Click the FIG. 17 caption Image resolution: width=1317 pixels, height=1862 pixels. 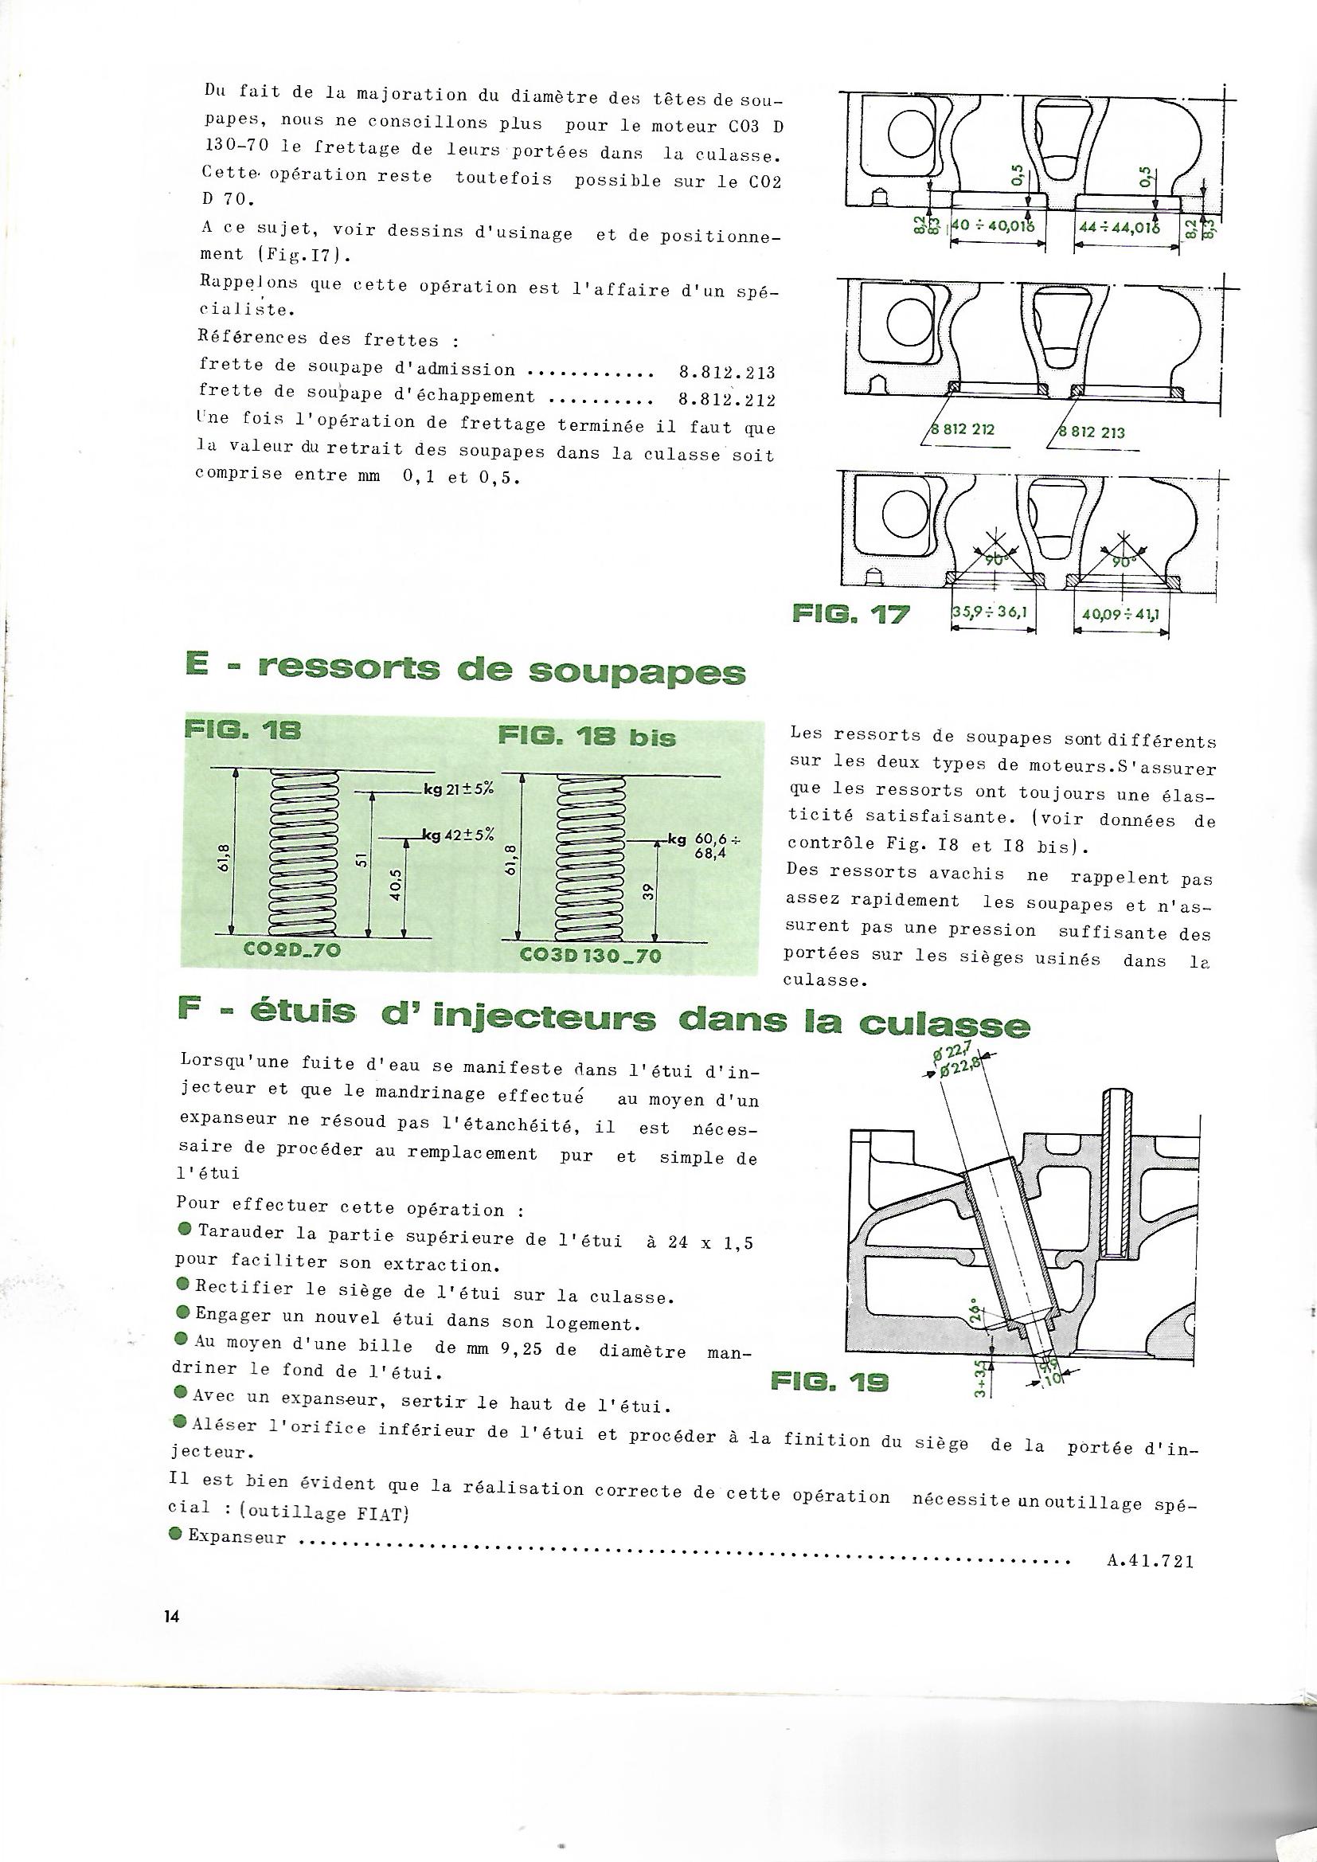(850, 615)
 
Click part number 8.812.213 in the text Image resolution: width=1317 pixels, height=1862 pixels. (725, 373)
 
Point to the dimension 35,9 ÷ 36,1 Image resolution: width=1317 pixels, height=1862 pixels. (991, 613)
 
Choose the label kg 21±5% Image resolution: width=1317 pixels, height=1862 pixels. (458, 790)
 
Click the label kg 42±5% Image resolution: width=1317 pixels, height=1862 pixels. (458, 836)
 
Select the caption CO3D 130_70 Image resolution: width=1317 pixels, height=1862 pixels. (589, 956)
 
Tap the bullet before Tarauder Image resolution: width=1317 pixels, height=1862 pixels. (182, 1230)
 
